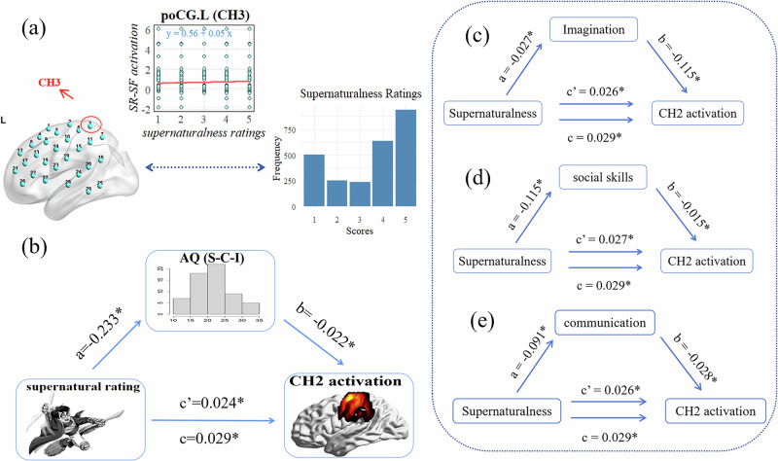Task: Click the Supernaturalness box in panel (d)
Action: coord(503,260)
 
